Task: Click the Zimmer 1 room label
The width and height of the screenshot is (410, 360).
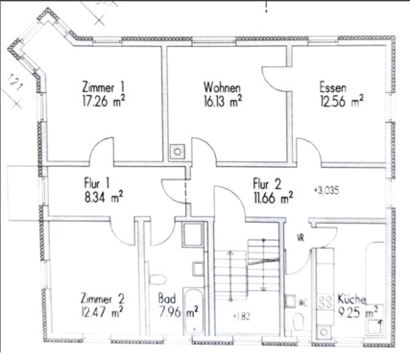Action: (103, 84)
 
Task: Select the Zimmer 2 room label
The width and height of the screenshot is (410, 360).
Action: (101, 298)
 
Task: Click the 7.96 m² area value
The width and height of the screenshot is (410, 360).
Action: (178, 311)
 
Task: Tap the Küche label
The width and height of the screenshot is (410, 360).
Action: (356, 298)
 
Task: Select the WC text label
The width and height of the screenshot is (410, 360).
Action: (303, 300)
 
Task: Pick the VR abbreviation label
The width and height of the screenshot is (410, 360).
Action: (301, 238)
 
